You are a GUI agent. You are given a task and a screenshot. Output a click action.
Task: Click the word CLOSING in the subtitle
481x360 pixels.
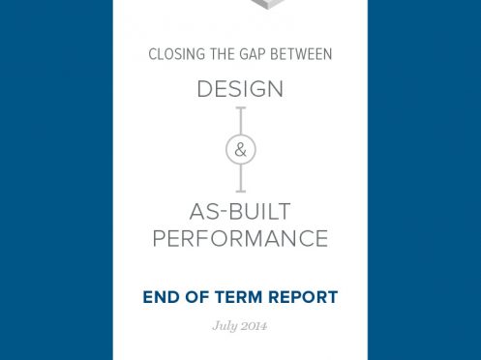coord(171,55)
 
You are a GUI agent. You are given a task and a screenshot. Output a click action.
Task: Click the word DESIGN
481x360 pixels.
coord(240,89)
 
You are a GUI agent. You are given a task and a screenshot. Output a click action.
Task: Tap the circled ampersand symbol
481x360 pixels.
coord(240,150)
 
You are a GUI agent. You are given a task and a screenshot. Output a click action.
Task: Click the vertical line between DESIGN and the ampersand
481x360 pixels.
coord(240,120)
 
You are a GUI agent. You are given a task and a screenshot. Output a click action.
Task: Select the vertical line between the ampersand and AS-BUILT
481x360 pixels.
coord(240,177)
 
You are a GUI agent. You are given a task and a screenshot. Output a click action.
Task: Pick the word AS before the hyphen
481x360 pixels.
coord(207,211)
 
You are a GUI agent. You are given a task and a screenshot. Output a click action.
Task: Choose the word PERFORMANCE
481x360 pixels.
coord(240,238)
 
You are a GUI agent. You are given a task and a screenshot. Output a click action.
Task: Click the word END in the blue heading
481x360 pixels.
coord(162,297)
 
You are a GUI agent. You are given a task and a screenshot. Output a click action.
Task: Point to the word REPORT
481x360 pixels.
coord(304,297)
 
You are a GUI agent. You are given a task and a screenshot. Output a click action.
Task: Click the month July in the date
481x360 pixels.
coord(224,326)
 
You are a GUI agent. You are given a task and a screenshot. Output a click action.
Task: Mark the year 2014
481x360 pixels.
coord(254,326)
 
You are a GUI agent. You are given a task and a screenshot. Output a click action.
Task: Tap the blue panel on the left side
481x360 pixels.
coord(56,180)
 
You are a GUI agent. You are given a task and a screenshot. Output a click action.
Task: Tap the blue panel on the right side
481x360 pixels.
coord(424,180)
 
